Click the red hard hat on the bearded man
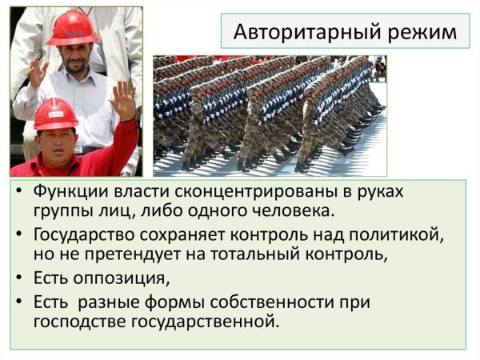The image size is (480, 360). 73,26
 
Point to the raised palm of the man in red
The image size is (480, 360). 123,99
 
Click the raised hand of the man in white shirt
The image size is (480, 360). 38,72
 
